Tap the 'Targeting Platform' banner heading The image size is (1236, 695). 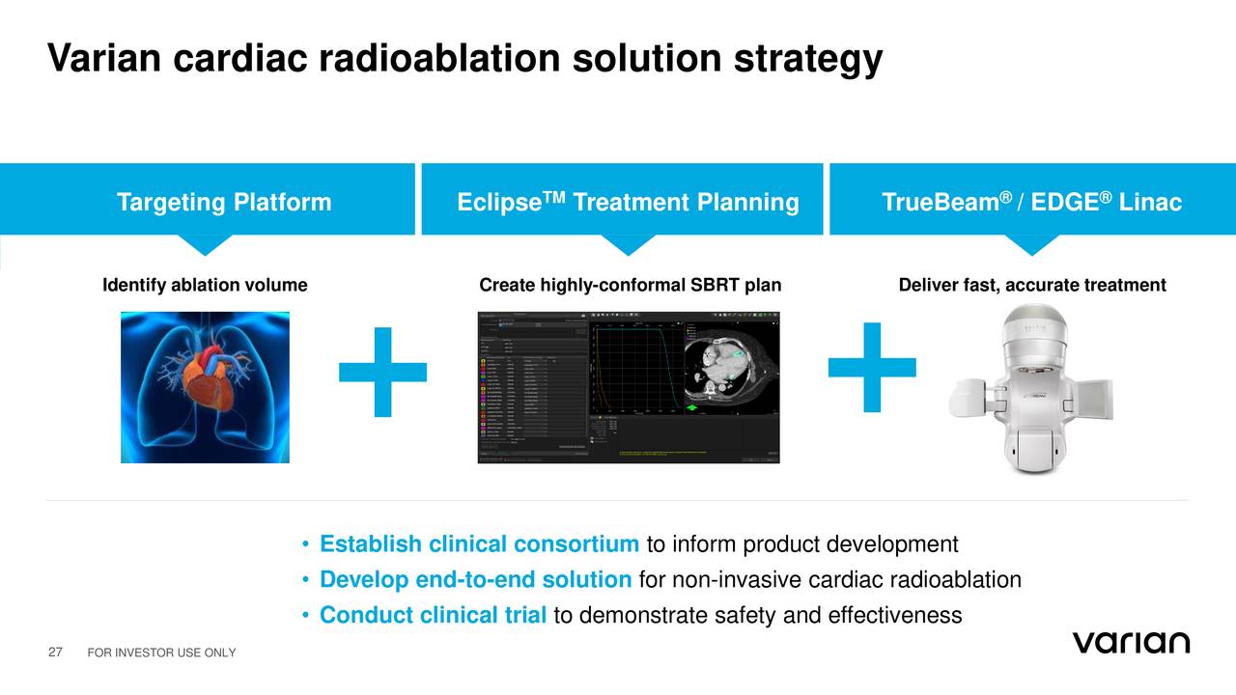point(224,203)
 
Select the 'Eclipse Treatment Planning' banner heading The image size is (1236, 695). point(628,203)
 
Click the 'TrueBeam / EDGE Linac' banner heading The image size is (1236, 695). point(1031,203)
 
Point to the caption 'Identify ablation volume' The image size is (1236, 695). point(205,286)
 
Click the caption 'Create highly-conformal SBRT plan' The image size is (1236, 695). point(631,286)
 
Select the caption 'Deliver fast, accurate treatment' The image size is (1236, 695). point(1032,286)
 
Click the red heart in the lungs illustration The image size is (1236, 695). point(206,381)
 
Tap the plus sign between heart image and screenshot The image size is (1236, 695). point(382,372)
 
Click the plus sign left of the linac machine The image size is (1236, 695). point(872,367)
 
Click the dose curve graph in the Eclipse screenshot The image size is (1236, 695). point(633,367)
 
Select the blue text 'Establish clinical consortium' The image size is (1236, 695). point(479,544)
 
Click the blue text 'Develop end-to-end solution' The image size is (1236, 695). point(475,580)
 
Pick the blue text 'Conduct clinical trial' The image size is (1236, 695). point(433,616)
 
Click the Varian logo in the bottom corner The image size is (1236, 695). point(1131,644)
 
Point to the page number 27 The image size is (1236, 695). point(55,654)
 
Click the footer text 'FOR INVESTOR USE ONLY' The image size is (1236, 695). point(161,655)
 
